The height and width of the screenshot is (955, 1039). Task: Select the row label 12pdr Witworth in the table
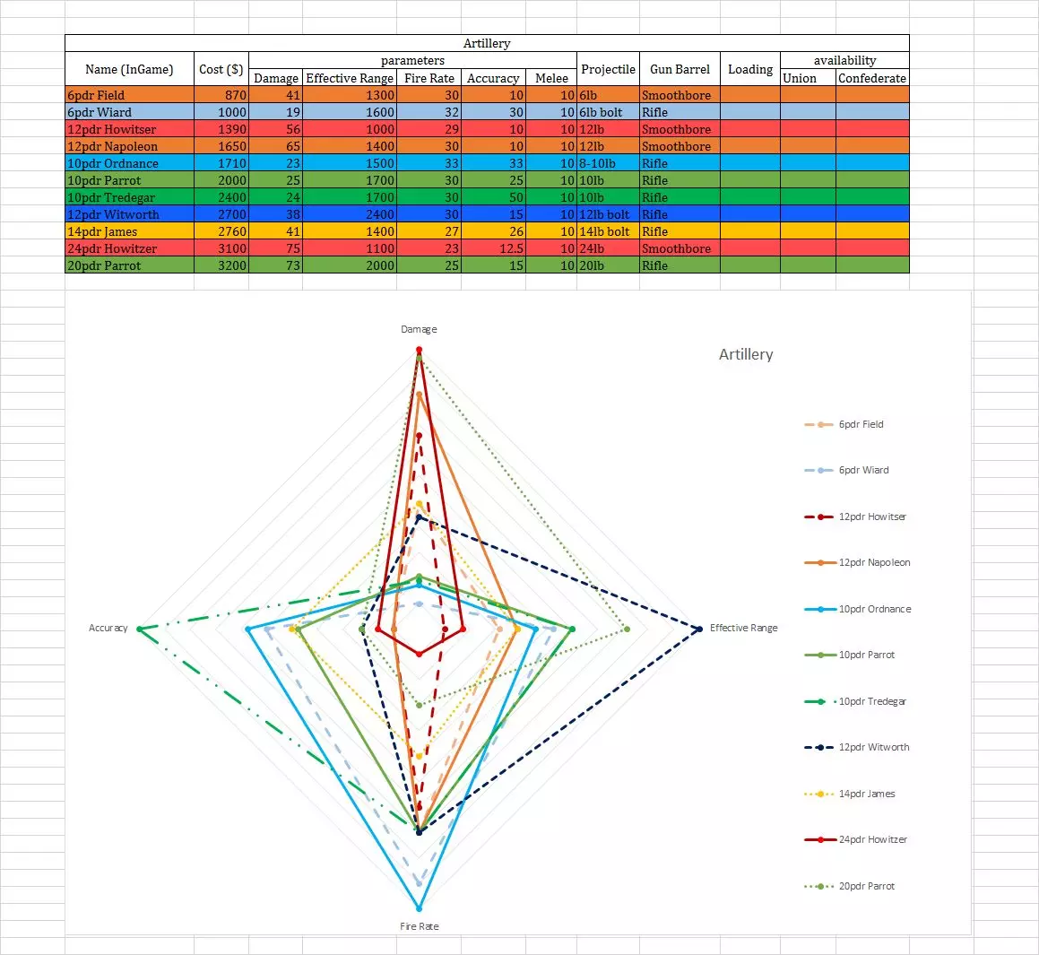[x=113, y=214]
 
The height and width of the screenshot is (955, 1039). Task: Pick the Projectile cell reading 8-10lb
[x=598, y=163]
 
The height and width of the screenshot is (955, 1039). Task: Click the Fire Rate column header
[x=429, y=78]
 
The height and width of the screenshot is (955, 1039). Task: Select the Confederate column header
[x=871, y=78]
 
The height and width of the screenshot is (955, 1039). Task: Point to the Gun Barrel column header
[x=680, y=69]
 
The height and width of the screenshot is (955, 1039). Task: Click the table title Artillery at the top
[x=487, y=43]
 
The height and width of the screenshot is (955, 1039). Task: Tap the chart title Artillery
[x=746, y=354]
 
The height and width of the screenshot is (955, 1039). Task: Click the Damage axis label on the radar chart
[x=419, y=329]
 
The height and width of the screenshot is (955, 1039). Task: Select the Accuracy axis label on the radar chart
[x=108, y=628]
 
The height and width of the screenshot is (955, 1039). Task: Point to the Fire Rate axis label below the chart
[x=419, y=926]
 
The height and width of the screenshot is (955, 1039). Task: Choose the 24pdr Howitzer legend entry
[x=872, y=839]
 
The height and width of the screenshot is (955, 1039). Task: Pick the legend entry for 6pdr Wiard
[x=863, y=470]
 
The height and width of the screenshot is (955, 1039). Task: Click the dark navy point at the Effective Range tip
[x=699, y=629]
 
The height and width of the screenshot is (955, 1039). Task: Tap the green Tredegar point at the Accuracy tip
[x=139, y=629]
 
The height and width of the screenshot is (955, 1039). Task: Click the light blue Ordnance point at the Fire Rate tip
[x=419, y=908]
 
